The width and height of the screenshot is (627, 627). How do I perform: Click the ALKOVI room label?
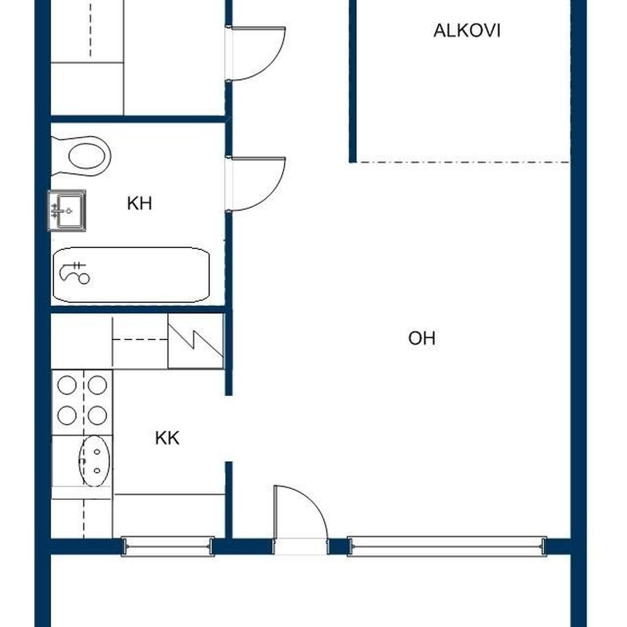[x=467, y=31]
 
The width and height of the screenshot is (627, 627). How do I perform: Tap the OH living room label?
[x=422, y=339]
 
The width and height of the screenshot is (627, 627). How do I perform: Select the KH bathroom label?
[x=140, y=203]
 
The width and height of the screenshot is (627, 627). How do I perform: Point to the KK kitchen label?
[x=167, y=438]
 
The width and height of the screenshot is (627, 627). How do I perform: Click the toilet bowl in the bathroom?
[x=82, y=156]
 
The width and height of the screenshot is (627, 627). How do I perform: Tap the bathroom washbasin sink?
[x=67, y=211]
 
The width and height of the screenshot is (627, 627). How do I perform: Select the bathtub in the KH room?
[x=131, y=275]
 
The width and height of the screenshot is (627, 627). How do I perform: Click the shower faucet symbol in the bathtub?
[x=75, y=273]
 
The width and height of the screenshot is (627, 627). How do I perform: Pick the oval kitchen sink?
[x=95, y=461]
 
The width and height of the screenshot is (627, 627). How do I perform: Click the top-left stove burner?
[x=67, y=385]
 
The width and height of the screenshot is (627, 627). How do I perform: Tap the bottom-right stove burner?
[x=97, y=415]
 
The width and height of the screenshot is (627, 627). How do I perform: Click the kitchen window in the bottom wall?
[x=168, y=547]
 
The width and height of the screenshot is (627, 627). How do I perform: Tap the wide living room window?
[x=447, y=547]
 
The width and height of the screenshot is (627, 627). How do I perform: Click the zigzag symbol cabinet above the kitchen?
[x=195, y=341]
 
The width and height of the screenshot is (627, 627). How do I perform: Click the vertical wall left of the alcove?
[x=353, y=82]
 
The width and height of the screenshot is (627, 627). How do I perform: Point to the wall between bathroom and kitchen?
[x=138, y=309]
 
